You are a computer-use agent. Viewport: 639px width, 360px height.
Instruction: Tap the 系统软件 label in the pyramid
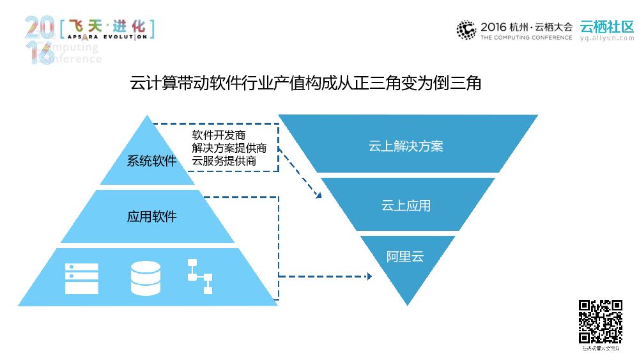pos(151,161)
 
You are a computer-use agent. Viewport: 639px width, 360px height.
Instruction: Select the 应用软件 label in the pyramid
pos(151,217)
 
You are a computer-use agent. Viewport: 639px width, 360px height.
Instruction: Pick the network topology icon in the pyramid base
pos(199,276)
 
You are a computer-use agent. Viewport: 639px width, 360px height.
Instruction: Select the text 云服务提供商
pos(224,161)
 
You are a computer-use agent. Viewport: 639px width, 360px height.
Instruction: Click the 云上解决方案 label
pos(406,146)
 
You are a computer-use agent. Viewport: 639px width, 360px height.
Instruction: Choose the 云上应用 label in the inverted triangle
pos(406,206)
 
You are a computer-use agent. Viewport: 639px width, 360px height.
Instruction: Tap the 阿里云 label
pos(405,258)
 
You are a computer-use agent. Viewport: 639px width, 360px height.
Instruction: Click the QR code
pos(600,322)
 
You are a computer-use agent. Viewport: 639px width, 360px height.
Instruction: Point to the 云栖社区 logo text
pos(606,26)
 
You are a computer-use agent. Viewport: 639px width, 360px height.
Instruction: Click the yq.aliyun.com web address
pos(606,38)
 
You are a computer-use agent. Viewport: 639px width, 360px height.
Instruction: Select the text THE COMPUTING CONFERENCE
pos(526,38)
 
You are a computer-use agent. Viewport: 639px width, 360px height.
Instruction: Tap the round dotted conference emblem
pos(466,29)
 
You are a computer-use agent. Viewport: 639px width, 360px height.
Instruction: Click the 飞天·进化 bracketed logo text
pos(106,27)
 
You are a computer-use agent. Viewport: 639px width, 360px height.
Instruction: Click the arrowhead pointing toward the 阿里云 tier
pos(368,276)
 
